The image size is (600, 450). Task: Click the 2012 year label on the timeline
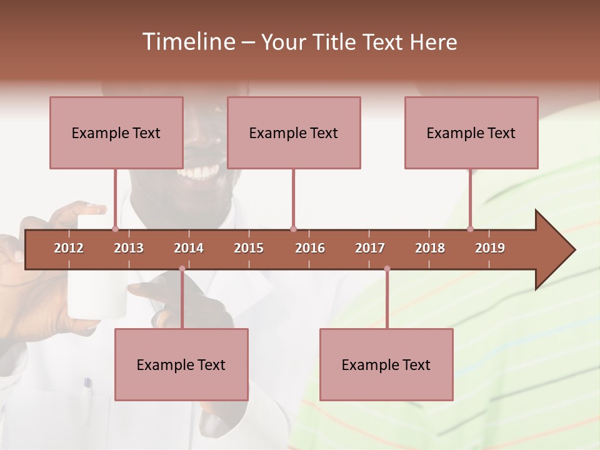(x=69, y=248)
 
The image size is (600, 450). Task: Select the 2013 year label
(x=129, y=248)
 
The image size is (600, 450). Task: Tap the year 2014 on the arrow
(x=189, y=248)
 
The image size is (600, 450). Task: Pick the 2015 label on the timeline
(x=249, y=248)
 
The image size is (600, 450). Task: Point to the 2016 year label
(x=310, y=248)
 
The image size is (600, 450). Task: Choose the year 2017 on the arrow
(x=370, y=248)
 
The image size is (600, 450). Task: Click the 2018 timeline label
(x=430, y=248)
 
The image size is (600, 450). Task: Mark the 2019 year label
(x=490, y=248)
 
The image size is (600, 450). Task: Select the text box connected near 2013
(x=116, y=132)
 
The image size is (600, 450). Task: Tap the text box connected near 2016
(x=294, y=132)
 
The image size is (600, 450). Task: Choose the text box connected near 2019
(x=471, y=132)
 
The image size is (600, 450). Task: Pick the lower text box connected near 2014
(x=181, y=364)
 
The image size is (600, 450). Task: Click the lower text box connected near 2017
(x=386, y=364)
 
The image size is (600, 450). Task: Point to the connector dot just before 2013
(x=115, y=229)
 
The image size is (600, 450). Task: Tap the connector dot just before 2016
(x=293, y=229)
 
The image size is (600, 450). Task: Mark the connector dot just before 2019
(x=470, y=229)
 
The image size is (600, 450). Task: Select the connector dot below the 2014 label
(x=182, y=269)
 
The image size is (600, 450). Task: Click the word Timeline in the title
(x=187, y=42)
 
